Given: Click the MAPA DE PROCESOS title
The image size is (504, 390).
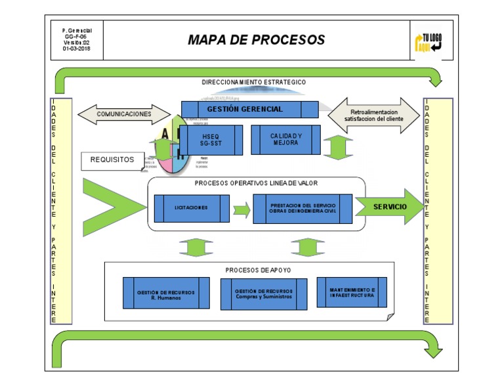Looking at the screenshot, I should pos(256,39).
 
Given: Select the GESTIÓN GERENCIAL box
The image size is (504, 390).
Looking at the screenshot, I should pos(249,109).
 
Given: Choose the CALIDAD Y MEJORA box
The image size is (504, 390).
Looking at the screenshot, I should pos(285,139).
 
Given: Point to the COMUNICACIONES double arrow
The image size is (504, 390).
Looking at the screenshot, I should pos(124,114).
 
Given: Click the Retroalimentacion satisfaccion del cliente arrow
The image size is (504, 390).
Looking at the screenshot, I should pos(373,116).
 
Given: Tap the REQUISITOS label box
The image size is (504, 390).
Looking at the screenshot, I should pos(112,160).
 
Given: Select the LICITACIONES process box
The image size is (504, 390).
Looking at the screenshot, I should pos(192,208).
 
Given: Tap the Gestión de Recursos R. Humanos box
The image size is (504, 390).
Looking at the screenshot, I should pos(166,293).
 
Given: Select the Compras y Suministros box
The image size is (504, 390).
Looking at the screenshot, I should pos(264,293).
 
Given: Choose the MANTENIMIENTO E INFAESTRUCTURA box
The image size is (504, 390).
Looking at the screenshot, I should pos(352,292).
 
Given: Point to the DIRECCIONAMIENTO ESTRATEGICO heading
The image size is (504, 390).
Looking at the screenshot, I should pos(253,83).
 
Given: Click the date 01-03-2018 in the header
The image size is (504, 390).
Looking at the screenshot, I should pos(77,49).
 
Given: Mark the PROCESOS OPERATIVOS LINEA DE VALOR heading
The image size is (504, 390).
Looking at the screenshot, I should pos(251,183).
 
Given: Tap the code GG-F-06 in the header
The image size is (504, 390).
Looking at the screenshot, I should pos(77,37).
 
